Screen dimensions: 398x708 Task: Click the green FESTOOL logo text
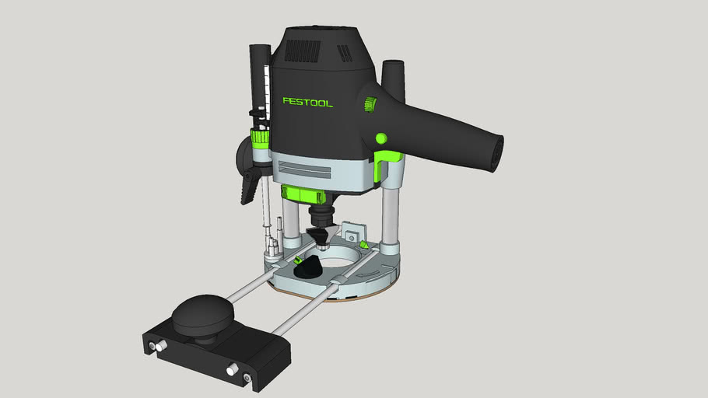307,102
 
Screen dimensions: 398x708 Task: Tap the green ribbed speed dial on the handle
370,104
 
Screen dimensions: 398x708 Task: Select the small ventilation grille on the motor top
343,53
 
